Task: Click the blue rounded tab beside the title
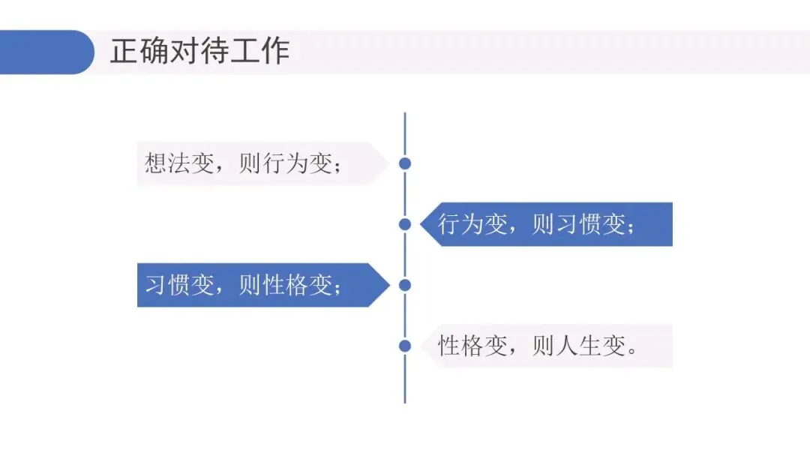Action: (45, 52)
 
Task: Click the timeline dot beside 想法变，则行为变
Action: (405, 163)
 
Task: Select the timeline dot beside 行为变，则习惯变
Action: (405, 223)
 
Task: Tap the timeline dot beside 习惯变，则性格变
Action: (405, 285)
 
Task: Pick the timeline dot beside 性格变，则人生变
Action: (405, 346)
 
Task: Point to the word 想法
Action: (168, 163)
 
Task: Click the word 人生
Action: (578, 346)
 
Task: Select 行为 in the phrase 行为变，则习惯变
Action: (461, 224)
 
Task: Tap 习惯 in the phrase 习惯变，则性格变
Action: (168, 286)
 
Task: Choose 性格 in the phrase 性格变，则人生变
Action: (461, 346)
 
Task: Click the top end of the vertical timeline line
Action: (405, 115)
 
